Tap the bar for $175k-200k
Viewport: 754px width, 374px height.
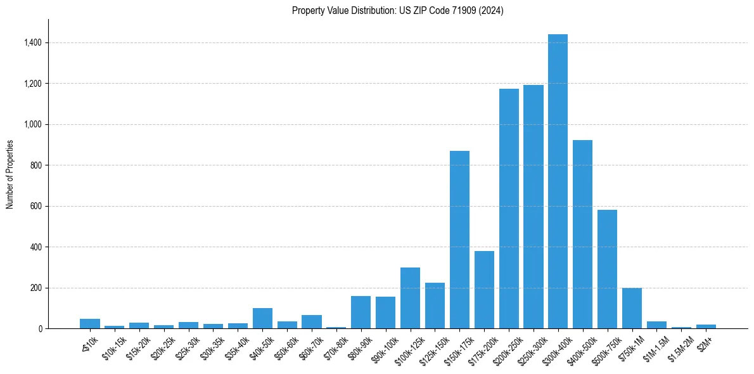click(x=484, y=290)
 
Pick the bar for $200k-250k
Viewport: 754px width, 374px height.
click(x=509, y=209)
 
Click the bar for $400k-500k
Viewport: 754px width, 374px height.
click(x=582, y=235)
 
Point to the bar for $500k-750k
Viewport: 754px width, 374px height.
click(x=607, y=269)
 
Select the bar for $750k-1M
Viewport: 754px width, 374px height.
click(x=632, y=308)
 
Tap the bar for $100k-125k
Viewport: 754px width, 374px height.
click(x=410, y=298)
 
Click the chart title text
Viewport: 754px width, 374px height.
click(x=397, y=11)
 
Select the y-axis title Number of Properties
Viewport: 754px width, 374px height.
click(x=10, y=174)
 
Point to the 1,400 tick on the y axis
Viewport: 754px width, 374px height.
click(x=32, y=42)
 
